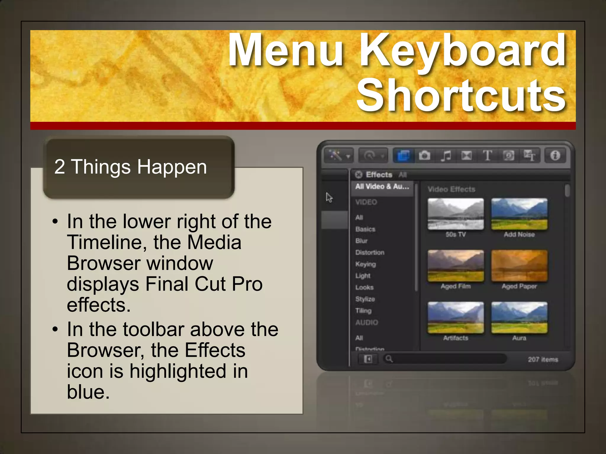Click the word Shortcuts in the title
tap(461, 96)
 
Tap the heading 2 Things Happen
tap(130, 167)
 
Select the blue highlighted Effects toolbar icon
tap(403, 155)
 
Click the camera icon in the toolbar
tap(424, 155)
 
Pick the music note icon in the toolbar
tap(446, 155)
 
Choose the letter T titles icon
tap(487, 155)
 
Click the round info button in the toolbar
tap(555, 155)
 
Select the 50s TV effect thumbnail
tap(456, 214)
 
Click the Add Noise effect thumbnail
tap(519, 214)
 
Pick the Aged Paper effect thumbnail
tap(519, 266)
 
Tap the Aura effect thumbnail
tap(519, 317)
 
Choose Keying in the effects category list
tap(365, 264)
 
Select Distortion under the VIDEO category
tap(370, 252)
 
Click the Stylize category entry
tap(365, 299)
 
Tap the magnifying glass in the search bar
tap(389, 359)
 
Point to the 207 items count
tap(543, 359)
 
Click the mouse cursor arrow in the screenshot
tap(329, 197)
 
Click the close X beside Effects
tap(359, 175)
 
